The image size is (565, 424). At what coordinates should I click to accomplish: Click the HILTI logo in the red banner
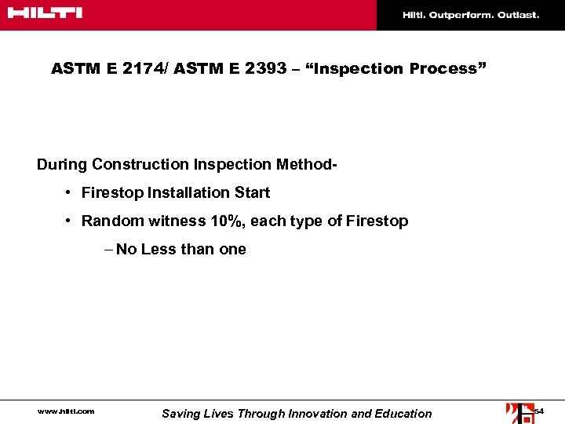45,13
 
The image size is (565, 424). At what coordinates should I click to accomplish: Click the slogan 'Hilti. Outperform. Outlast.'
471,15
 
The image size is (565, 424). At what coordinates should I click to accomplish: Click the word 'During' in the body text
62,164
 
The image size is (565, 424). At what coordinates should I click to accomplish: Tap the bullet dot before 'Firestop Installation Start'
70,193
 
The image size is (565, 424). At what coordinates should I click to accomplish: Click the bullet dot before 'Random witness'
70,221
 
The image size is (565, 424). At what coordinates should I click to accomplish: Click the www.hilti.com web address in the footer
66,411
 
